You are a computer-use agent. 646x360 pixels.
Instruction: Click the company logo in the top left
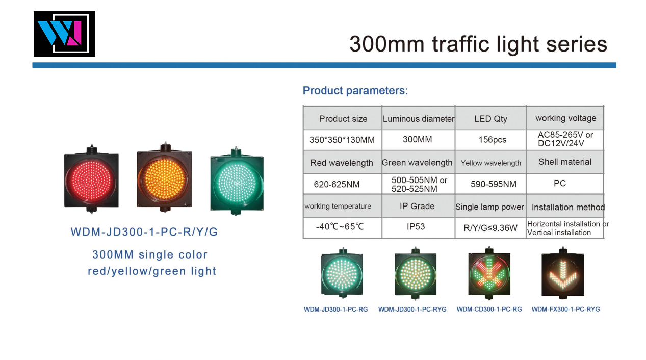coord(64,34)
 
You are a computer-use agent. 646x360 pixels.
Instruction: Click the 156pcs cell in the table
coord(493,140)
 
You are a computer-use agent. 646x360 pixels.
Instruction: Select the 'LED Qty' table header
coord(490,119)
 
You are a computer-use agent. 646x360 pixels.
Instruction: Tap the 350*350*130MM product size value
coord(342,140)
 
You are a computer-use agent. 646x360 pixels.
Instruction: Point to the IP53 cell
coord(416,227)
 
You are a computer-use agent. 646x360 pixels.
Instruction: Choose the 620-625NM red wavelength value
coord(337,184)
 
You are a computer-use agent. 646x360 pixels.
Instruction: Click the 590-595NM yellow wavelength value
coord(494,184)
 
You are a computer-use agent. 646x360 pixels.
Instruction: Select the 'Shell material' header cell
coord(565,162)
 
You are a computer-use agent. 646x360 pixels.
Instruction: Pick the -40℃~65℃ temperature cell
coord(340,227)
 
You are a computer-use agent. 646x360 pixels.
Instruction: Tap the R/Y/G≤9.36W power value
coord(490,228)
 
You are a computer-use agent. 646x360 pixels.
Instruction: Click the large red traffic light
coord(91,179)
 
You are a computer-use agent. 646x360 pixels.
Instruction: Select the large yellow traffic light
coord(164,177)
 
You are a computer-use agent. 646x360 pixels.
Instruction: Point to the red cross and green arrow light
coord(489,273)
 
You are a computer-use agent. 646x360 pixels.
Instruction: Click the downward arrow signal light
coord(563,273)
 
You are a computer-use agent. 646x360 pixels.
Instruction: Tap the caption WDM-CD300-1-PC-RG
coord(489,309)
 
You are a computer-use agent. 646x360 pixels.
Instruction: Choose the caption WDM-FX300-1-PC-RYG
coord(566,309)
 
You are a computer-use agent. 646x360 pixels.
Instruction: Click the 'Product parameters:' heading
coord(355,91)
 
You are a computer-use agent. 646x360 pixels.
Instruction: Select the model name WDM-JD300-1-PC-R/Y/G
coord(144,232)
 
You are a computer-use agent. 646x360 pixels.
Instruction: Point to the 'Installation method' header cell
coord(568,207)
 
